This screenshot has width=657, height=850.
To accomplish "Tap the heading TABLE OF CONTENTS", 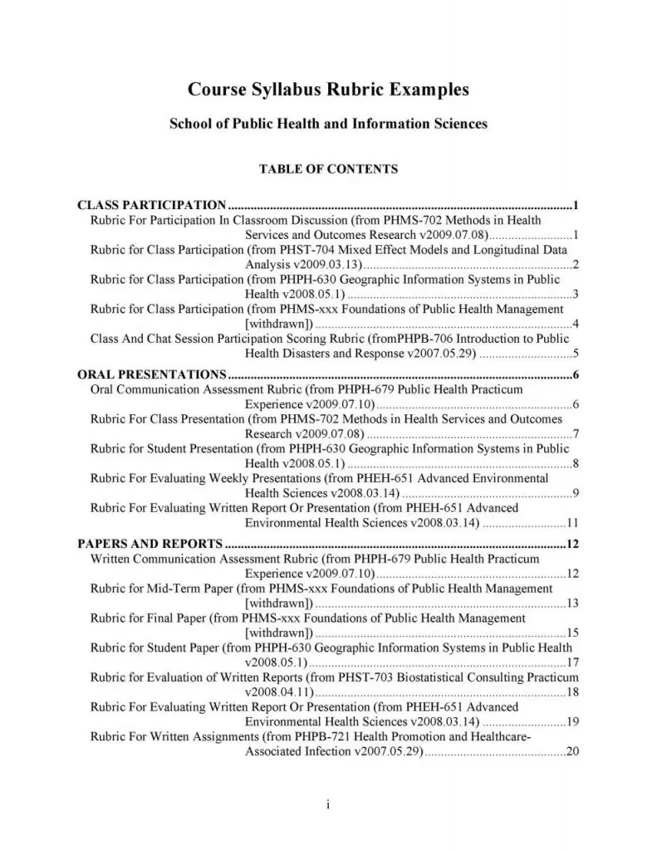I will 328,169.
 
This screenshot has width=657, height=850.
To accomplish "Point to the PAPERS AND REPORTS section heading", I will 150,545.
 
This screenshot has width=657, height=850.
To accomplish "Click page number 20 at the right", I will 571,752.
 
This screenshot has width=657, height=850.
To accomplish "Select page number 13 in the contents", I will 571,603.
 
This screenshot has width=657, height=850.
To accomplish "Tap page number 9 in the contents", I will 575,494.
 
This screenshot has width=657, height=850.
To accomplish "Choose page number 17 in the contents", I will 571,662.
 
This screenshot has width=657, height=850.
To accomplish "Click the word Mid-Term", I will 169,589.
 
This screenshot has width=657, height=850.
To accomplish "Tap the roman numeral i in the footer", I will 329,805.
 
